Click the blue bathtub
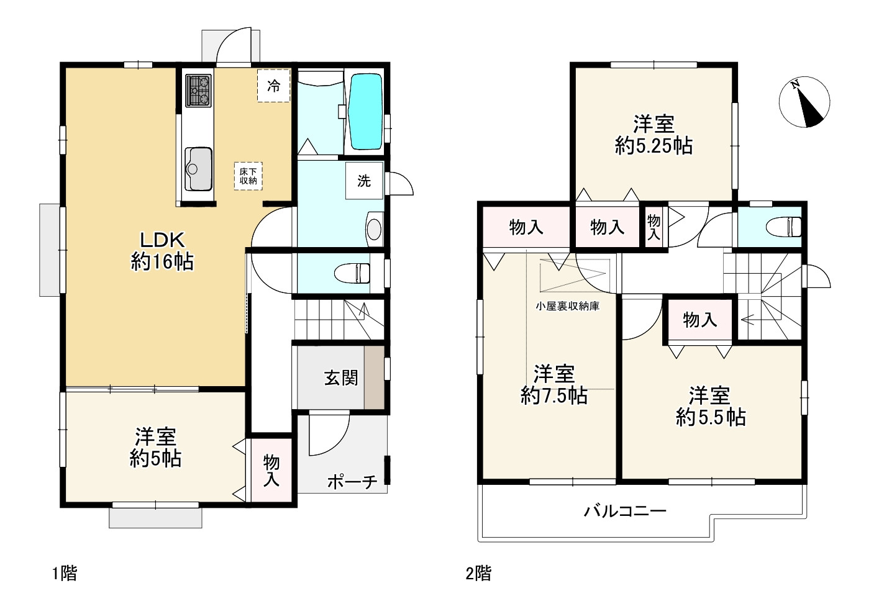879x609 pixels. pyautogui.click(x=366, y=112)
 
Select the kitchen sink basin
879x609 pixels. pyautogui.click(x=198, y=169)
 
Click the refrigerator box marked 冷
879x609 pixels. pyautogui.click(x=274, y=86)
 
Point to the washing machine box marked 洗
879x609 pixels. pyautogui.click(x=364, y=181)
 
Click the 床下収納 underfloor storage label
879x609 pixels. pyautogui.click(x=248, y=176)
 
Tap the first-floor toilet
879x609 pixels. pyautogui.click(x=352, y=273)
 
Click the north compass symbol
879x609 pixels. pyautogui.click(x=804, y=102)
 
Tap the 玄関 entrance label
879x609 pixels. pyautogui.click(x=341, y=378)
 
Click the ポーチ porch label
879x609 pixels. pyautogui.click(x=352, y=481)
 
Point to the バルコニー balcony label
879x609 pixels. pyautogui.click(x=625, y=511)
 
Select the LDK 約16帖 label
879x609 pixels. pyautogui.click(x=162, y=251)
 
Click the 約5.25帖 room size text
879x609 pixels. pyautogui.click(x=654, y=146)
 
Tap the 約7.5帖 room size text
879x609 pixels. pyautogui.click(x=553, y=395)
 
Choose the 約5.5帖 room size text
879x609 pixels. pyautogui.click(x=711, y=417)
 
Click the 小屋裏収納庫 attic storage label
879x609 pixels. pyautogui.click(x=567, y=306)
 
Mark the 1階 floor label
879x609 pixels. pyautogui.click(x=65, y=574)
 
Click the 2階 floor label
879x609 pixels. pyautogui.click(x=478, y=574)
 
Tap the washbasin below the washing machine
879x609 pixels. pyautogui.click(x=374, y=229)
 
